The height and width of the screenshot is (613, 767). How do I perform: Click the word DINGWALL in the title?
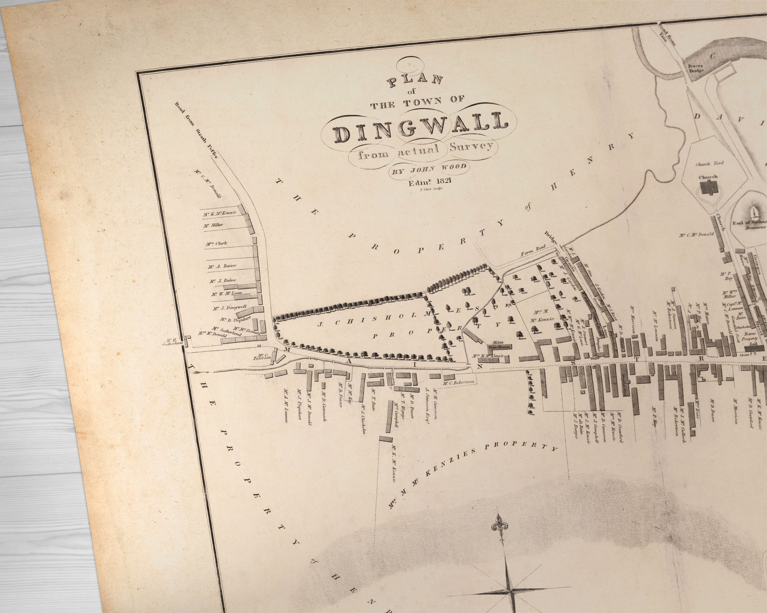click(419, 127)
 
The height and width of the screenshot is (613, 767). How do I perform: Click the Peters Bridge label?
click(696, 68)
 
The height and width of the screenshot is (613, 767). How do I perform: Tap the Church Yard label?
click(708, 165)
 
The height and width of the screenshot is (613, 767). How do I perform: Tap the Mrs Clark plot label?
click(216, 244)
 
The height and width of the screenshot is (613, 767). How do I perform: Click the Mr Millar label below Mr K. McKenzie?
click(213, 225)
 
